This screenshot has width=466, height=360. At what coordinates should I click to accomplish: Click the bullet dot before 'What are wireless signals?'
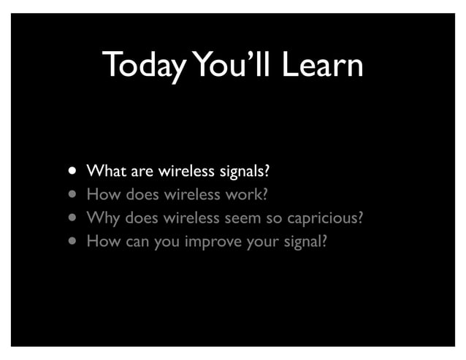[73, 172]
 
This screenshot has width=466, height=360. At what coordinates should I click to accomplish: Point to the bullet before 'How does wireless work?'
[73, 195]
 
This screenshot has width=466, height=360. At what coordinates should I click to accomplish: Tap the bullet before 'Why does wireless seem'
[73, 217]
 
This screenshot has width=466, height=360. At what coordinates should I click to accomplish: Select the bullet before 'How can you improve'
[73, 239]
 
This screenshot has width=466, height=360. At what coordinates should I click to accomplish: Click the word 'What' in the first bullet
[106, 172]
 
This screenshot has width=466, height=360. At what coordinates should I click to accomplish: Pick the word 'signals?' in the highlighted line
[244, 173]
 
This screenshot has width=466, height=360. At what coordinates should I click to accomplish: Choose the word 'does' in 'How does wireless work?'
[140, 195]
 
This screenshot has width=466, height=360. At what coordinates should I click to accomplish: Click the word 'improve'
[211, 240]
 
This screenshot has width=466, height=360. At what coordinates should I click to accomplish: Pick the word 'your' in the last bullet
[261, 240]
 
